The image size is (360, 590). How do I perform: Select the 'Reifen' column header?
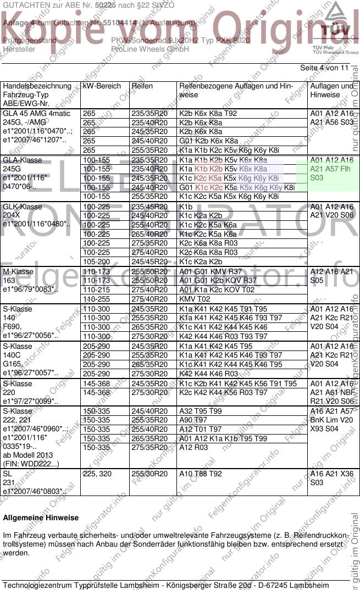pyautogui.click(x=142, y=86)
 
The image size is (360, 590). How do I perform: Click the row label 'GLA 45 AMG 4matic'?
pyautogui.click(x=37, y=114)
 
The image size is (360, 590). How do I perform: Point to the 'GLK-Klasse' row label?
pyautogui.click(x=23, y=207)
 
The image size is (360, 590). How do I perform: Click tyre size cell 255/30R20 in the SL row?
pyautogui.click(x=149, y=474)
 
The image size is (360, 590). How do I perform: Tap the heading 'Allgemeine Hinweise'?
pyautogui.click(x=41, y=517)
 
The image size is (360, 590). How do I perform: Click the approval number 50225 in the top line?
pyautogui.click(x=105, y=4)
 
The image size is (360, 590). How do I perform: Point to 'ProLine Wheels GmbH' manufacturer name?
pyautogui.click(x=150, y=49)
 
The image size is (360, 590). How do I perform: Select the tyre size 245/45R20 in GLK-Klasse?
pyautogui.click(x=149, y=261)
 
